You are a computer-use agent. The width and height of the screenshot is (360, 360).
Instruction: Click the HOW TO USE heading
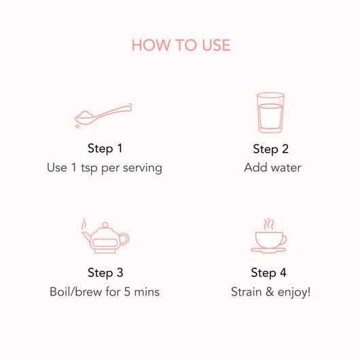[x=181, y=46]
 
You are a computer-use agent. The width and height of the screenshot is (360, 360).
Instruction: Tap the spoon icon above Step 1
[x=103, y=116]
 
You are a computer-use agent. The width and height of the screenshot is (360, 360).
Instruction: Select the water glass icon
[x=270, y=113]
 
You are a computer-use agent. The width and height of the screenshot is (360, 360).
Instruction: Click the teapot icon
[x=105, y=238]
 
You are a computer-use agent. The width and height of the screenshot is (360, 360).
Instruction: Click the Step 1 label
[x=105, y=148]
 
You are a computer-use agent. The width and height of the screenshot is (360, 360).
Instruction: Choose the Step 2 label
[x=271, y=149]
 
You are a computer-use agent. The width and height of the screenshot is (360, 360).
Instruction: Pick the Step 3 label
[x=105, y=273]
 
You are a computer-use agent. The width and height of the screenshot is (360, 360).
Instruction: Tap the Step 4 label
[x=268, y=273]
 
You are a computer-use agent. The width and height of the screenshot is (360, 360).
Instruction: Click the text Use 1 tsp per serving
[x=105, y=168]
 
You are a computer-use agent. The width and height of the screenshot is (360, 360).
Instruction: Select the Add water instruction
[x=272, y=168]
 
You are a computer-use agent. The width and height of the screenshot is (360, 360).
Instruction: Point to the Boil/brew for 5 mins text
[x=105, y=292]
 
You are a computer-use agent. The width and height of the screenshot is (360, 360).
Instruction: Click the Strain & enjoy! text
[x=271, y=292]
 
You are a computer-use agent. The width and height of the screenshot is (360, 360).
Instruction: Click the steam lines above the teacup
[x=269, y=223]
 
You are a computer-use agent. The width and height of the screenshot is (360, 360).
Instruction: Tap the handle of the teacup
[x=282, y=238]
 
